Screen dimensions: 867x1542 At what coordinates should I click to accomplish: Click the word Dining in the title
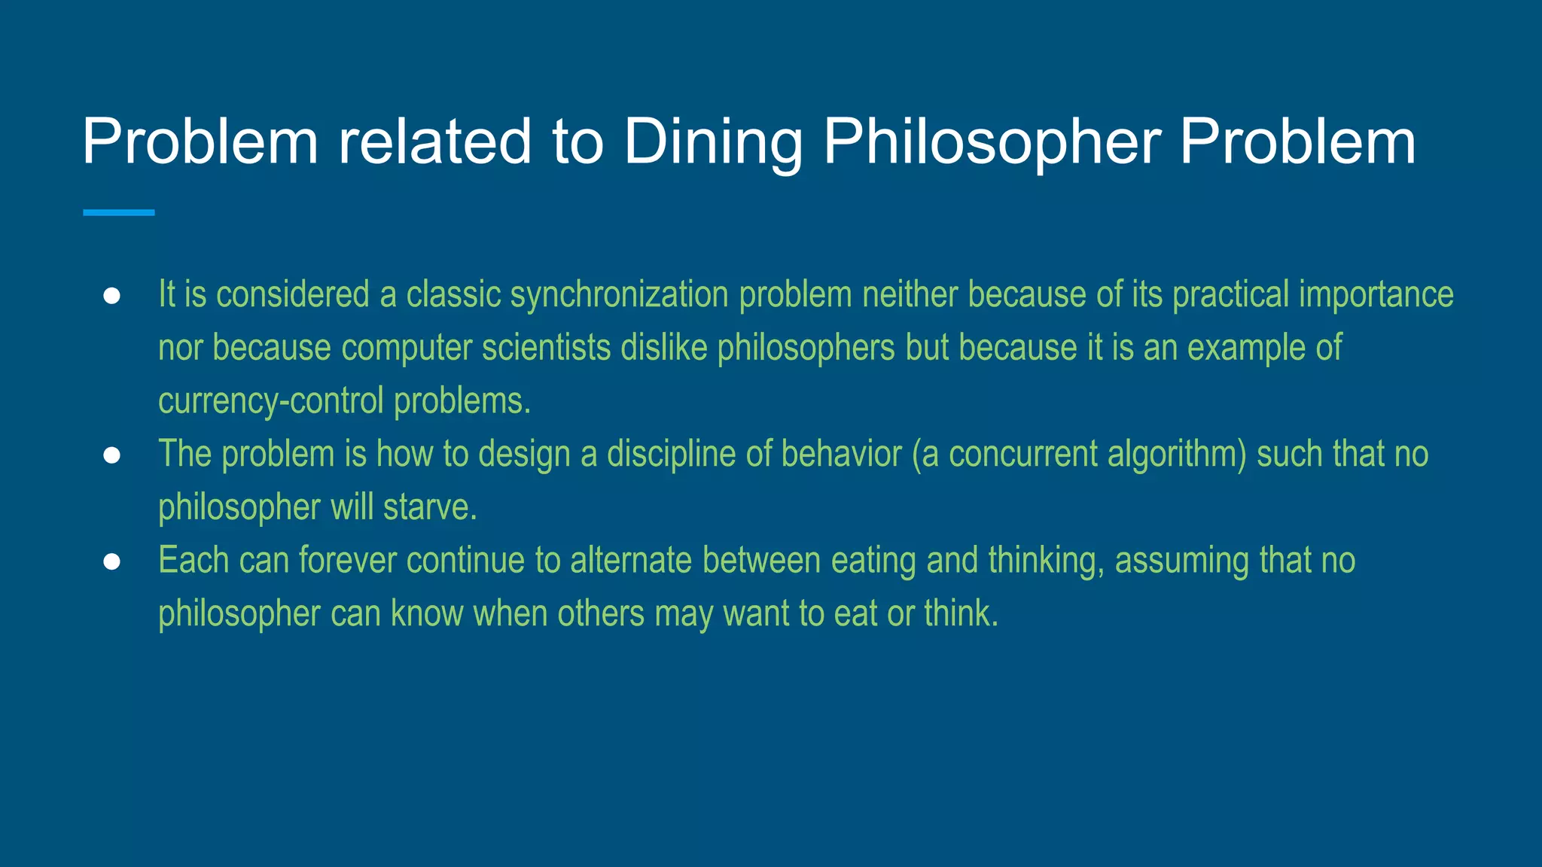click(x=713, y=143)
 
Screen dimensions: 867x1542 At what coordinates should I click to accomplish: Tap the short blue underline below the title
click(x=118, y=213)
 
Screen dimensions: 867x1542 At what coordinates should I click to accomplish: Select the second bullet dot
click(x=111, y=456)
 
